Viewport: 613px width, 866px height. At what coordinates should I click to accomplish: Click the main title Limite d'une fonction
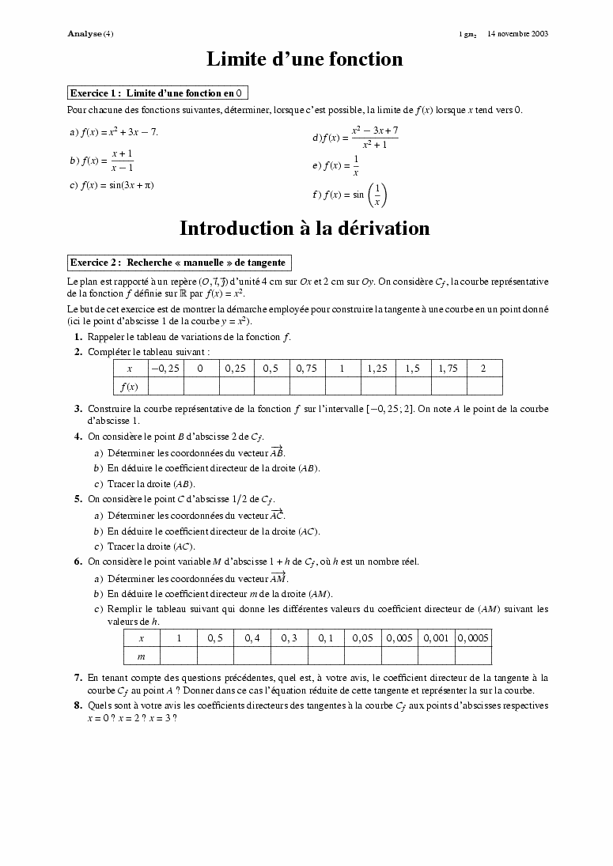(x=305, y=59)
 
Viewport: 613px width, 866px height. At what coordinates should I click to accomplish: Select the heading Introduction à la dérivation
(x=305, y=229)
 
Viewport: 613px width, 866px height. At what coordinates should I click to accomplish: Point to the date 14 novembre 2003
(x=518, y=33)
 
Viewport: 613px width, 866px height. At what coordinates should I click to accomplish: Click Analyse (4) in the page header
(x=91, y=33)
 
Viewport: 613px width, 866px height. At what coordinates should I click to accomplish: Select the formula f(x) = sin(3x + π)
(x=116, y=185)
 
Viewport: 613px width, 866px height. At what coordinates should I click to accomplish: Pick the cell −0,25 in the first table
(x=165, y=369)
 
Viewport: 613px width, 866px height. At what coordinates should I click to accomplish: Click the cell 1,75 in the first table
(x=448, y=369)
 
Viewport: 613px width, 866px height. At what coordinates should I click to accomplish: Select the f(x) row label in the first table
(x=130, y=387)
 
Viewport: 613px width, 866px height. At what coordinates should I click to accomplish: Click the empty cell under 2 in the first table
(x=483, y=387)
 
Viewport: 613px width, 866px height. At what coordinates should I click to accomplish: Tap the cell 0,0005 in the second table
(x=473, y=638)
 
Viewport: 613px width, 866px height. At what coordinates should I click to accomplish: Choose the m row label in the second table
(x=142, y=656)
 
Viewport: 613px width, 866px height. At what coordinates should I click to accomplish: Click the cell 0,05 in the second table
(x=362, y=638)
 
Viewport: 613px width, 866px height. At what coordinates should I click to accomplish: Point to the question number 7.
(x=78, y=678)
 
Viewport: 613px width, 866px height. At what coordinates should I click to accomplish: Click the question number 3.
(x=78, y=409)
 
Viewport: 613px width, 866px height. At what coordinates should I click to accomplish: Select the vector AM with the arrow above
(x=278, y=578)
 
